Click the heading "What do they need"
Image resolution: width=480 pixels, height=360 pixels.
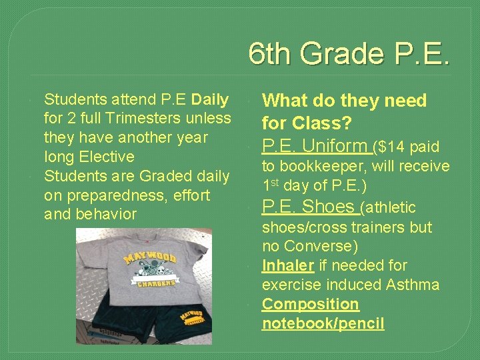(344, 101)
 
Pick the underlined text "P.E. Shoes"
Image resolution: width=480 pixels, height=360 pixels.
(309, 207)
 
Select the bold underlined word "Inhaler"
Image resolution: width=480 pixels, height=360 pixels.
(287, 265)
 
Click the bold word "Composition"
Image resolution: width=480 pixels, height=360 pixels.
(310, 304)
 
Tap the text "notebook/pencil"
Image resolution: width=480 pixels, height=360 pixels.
(323, 323)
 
